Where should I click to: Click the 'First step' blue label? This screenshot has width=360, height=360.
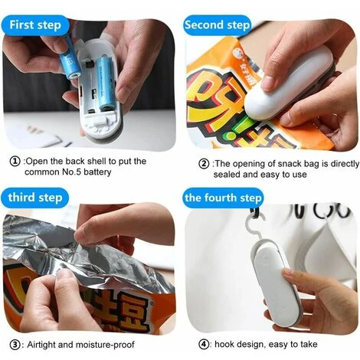pyautogui.click(x=35, y=25)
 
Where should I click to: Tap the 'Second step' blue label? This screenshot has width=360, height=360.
pyautogui.click(x=217, y=25)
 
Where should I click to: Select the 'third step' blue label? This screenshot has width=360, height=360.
pyautogui.click(x=35, y=198)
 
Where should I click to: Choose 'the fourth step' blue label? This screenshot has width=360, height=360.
pyautogui.click(x=223, y=198)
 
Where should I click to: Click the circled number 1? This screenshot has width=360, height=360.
pyautogui.click(x=15, y=162)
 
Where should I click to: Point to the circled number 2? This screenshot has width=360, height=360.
pyautogui.click(x=204, y=164)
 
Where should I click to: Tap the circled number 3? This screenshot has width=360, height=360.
pyautogui.click(x=15, y=345)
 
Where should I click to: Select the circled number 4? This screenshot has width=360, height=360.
pyautogui.click(x=204, y=345)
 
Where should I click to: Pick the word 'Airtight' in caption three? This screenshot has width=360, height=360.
pyautogui.click(x=41, y=345)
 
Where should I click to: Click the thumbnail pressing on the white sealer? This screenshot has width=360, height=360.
pyautogui.click(x=267, y=83)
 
